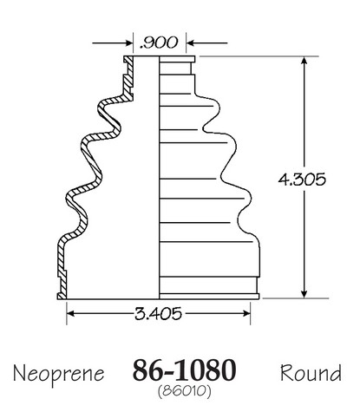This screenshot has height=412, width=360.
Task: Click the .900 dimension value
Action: point(158,43)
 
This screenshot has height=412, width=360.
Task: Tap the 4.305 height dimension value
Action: point(302,180)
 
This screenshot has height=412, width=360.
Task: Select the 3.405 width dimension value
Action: point(158,313)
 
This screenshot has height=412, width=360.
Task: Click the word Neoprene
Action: point(59,375)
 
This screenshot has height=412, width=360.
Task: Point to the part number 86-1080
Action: point(184,370)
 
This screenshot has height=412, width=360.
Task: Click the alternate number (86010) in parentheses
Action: point(185,391)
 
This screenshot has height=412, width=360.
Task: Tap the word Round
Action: point(311,372)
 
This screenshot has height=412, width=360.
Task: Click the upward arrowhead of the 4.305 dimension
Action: point(304,61)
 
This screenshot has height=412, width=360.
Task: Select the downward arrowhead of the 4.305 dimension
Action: point(304,294)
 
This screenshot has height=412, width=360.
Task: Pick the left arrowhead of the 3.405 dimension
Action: point(71,313)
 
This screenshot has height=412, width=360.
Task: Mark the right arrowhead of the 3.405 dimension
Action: point(245,313)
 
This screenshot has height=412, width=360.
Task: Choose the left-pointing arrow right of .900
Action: point(206,43)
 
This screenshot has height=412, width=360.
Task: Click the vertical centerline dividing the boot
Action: point(159,178)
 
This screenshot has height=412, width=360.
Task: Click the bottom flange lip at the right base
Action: point(209,296)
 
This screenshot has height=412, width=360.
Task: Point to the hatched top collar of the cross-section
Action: point(128,78)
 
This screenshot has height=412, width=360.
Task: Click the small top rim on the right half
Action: point(177,59)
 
